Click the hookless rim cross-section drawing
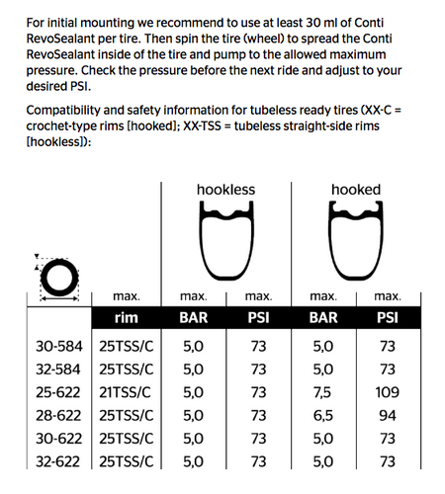[x=225, y=247]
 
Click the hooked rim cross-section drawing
[x=356, y=247]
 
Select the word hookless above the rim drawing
[x=225, y=189]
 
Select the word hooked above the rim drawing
[x=356, y=189]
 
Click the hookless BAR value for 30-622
[x=193, y=438]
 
